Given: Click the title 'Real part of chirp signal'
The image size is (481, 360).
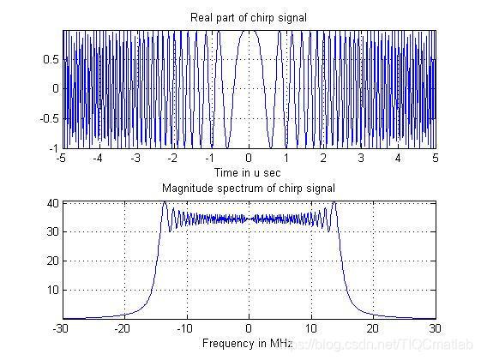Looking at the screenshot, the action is click(248, 17).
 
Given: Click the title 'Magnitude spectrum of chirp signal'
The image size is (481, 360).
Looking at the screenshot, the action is click(248, 188).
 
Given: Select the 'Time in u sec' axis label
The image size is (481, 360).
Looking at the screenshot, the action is click(247, 172).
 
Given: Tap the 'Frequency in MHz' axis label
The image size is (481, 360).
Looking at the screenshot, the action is click(247, 343).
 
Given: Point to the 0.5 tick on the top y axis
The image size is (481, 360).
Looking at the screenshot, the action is click(51, 59).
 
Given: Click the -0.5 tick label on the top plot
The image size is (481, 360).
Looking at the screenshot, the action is click(49, 118).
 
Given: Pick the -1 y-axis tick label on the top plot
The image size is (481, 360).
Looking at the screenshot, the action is click(53, 148).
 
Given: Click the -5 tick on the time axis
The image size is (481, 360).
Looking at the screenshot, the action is click(62, 159).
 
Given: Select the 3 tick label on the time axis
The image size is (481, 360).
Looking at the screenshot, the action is click(361, 159).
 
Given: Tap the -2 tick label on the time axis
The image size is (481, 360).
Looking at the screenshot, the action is click(172, 159).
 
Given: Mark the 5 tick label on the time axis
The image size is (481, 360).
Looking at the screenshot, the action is click(436, 159).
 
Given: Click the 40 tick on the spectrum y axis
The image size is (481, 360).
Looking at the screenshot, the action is click(53, 203).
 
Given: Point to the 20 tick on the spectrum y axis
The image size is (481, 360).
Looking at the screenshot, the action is click(53, 261).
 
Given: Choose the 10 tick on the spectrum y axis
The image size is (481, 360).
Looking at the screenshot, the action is click(53, 290).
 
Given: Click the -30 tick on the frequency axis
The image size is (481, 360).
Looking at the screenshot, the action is click(61, 329).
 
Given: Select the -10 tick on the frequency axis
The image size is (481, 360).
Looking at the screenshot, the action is click(185, 329).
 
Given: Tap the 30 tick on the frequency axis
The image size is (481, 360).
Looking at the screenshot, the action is click(436, 329).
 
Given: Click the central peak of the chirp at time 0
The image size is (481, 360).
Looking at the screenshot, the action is click(249, 31).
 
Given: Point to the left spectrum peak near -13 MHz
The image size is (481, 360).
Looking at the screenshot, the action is click(165, 202).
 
